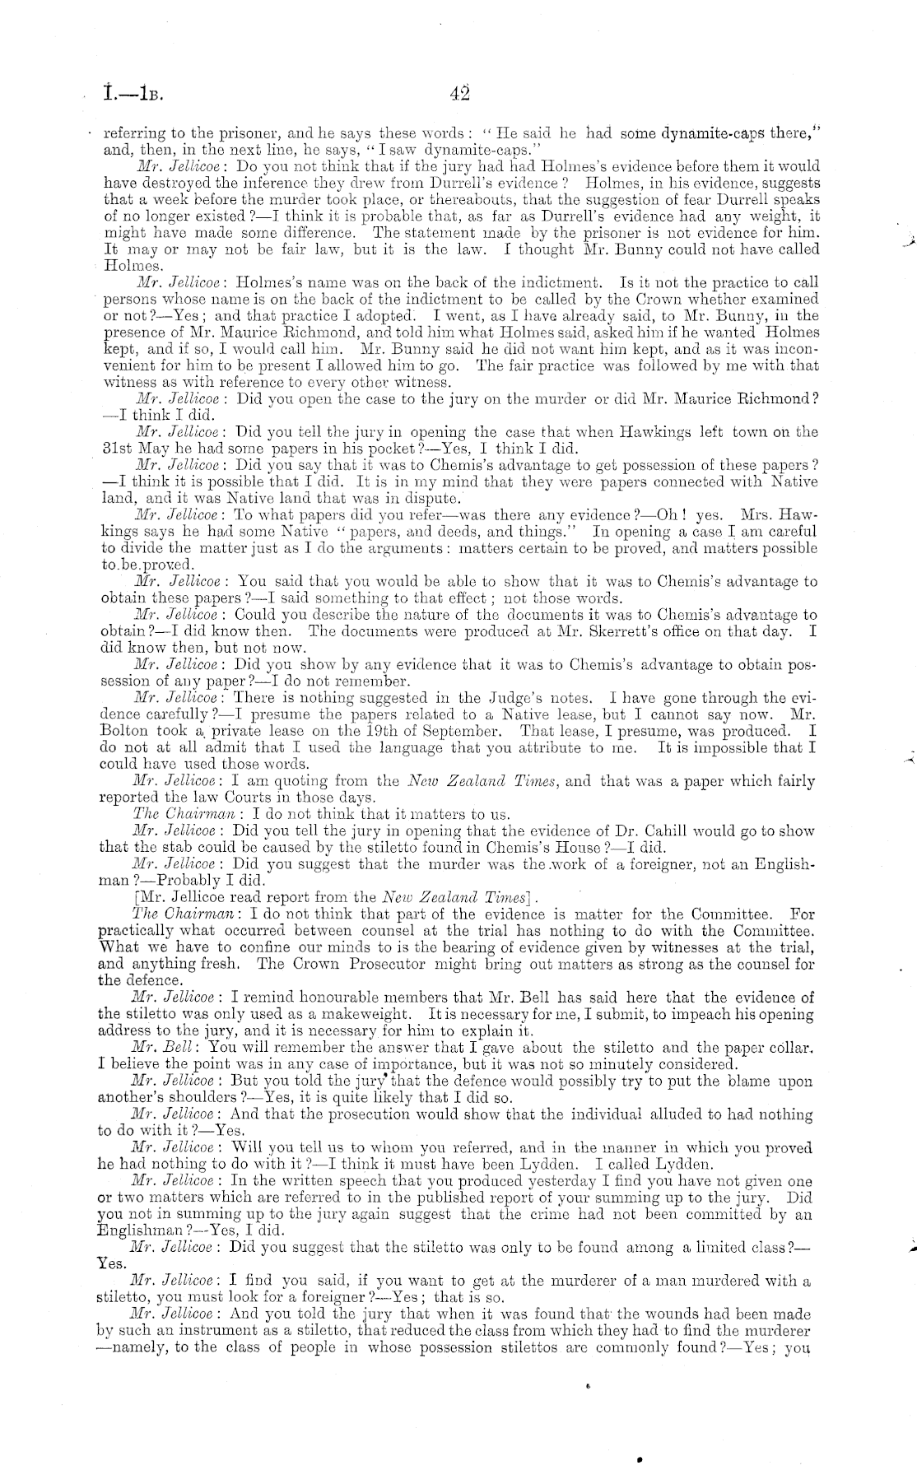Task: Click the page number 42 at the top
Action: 460,93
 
